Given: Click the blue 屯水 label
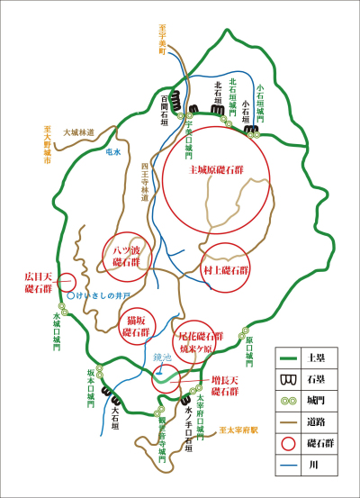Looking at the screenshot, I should pos(112,152).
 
